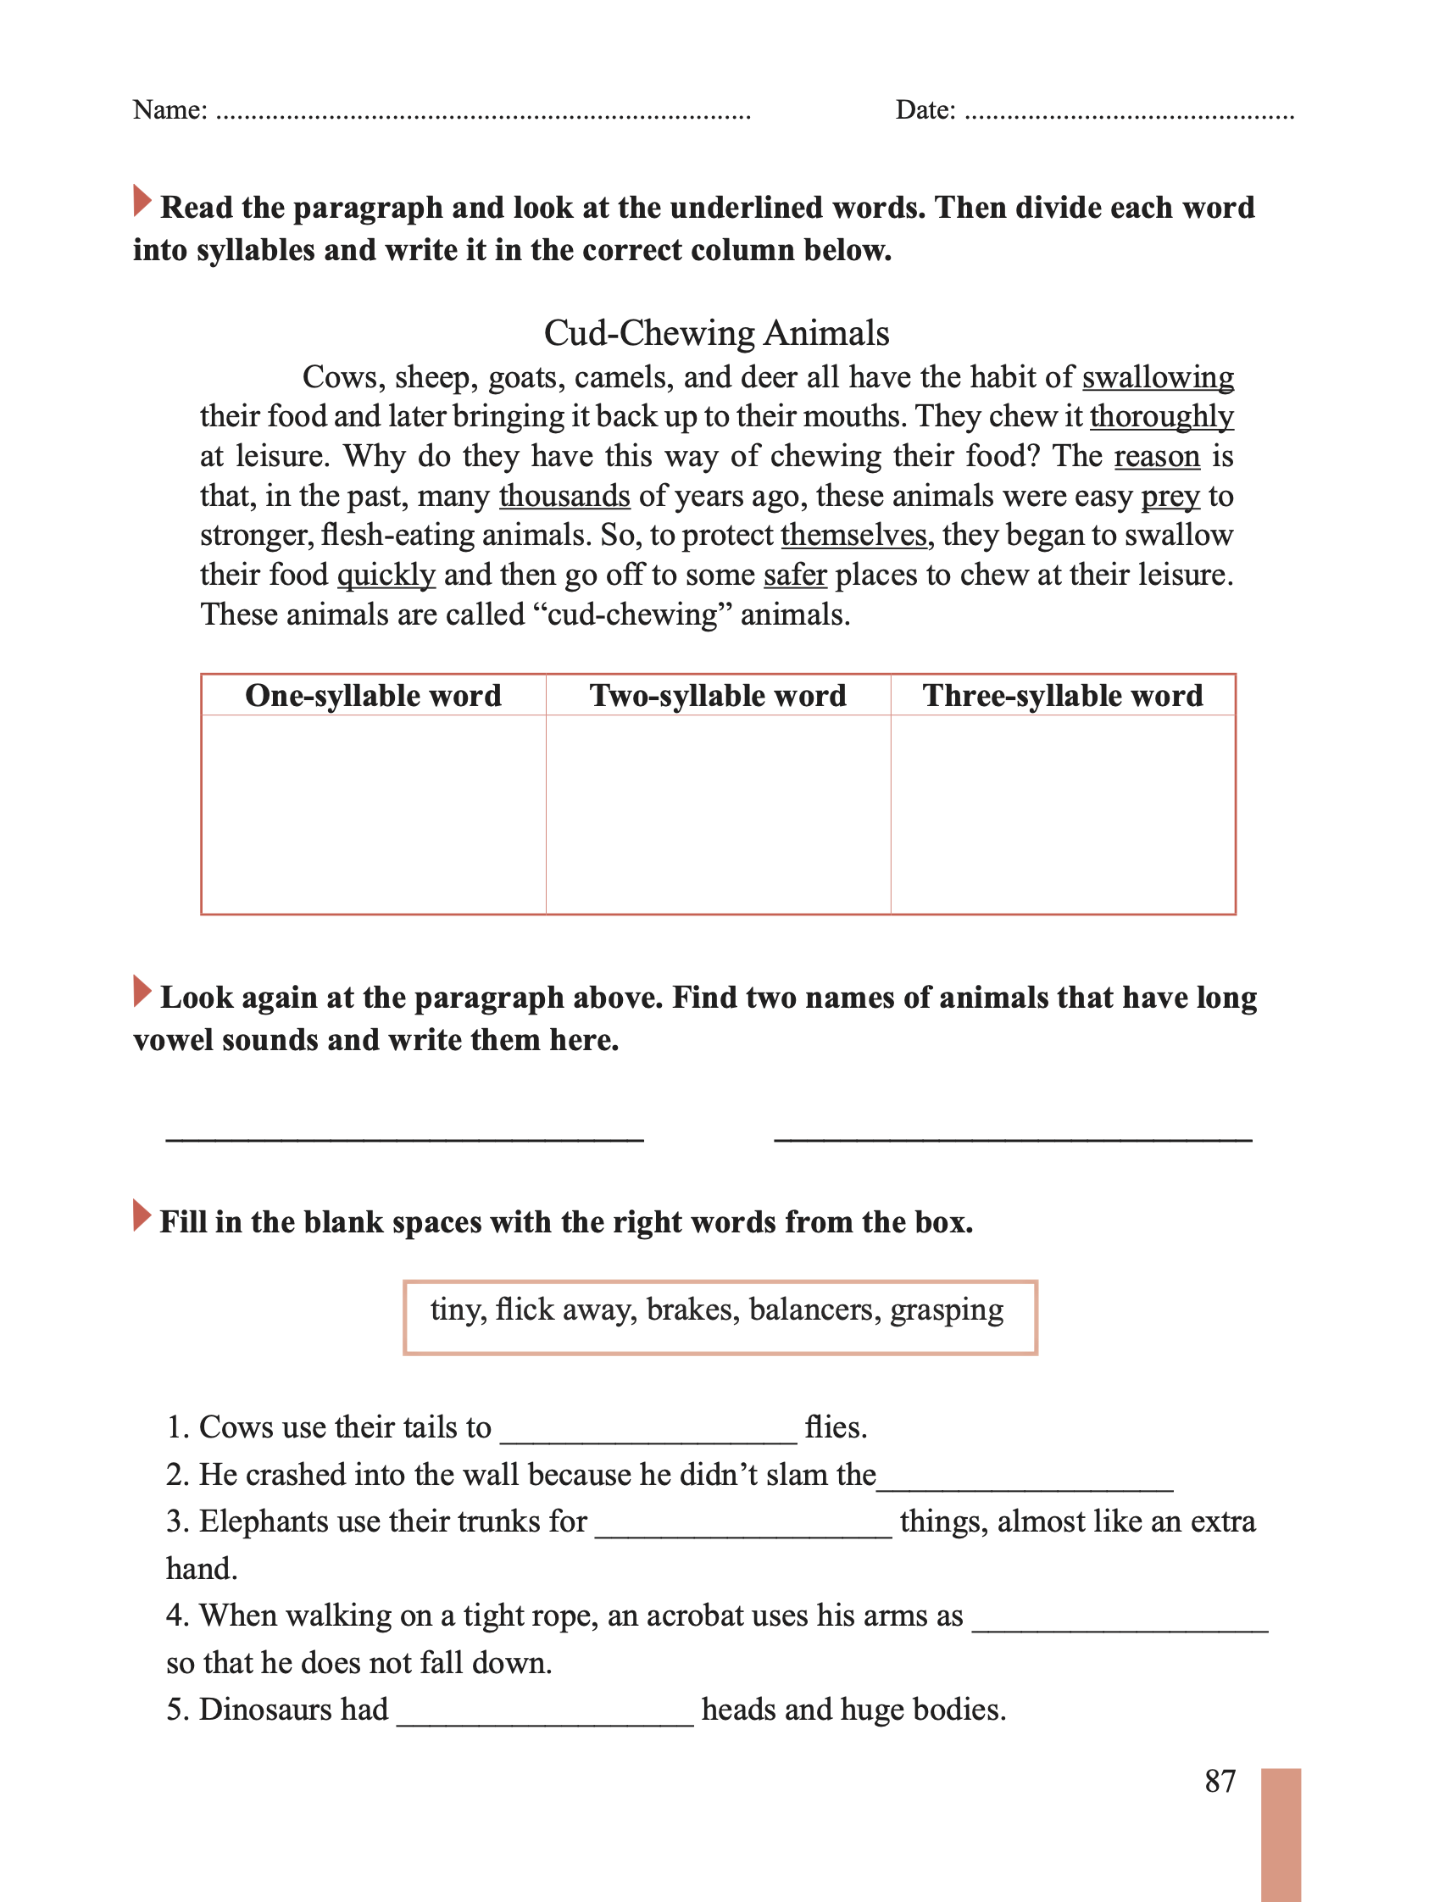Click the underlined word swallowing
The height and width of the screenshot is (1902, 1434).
click(x=1157, y=377)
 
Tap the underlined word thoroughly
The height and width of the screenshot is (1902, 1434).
click(x=1160, y=417)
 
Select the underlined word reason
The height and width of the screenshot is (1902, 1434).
click(x=1156, y=456)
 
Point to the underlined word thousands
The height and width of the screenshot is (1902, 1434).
click(x=564, y=496)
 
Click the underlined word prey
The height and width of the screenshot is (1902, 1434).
click(x=1170, y=497)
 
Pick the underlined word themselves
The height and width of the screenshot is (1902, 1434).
click(x=853, y=535)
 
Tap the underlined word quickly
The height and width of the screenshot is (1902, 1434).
click(x=386, y=575)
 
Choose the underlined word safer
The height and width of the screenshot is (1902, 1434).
click(x=794, y=575)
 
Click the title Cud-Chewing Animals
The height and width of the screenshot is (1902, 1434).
click(x=716, y=334)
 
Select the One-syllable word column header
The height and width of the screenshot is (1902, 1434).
click(x=373, y=696)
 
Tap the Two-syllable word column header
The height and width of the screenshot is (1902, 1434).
click(x=718, y=696)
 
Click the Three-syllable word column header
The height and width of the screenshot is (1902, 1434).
click(x=1063, y=696)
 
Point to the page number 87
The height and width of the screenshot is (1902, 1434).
click(x=1219, y=1780)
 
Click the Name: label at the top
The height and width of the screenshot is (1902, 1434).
click(x=170, y=110)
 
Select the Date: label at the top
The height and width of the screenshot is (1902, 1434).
click(x=925, y=110)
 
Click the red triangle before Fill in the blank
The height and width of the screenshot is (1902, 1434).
click(x=142, y=1215)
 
